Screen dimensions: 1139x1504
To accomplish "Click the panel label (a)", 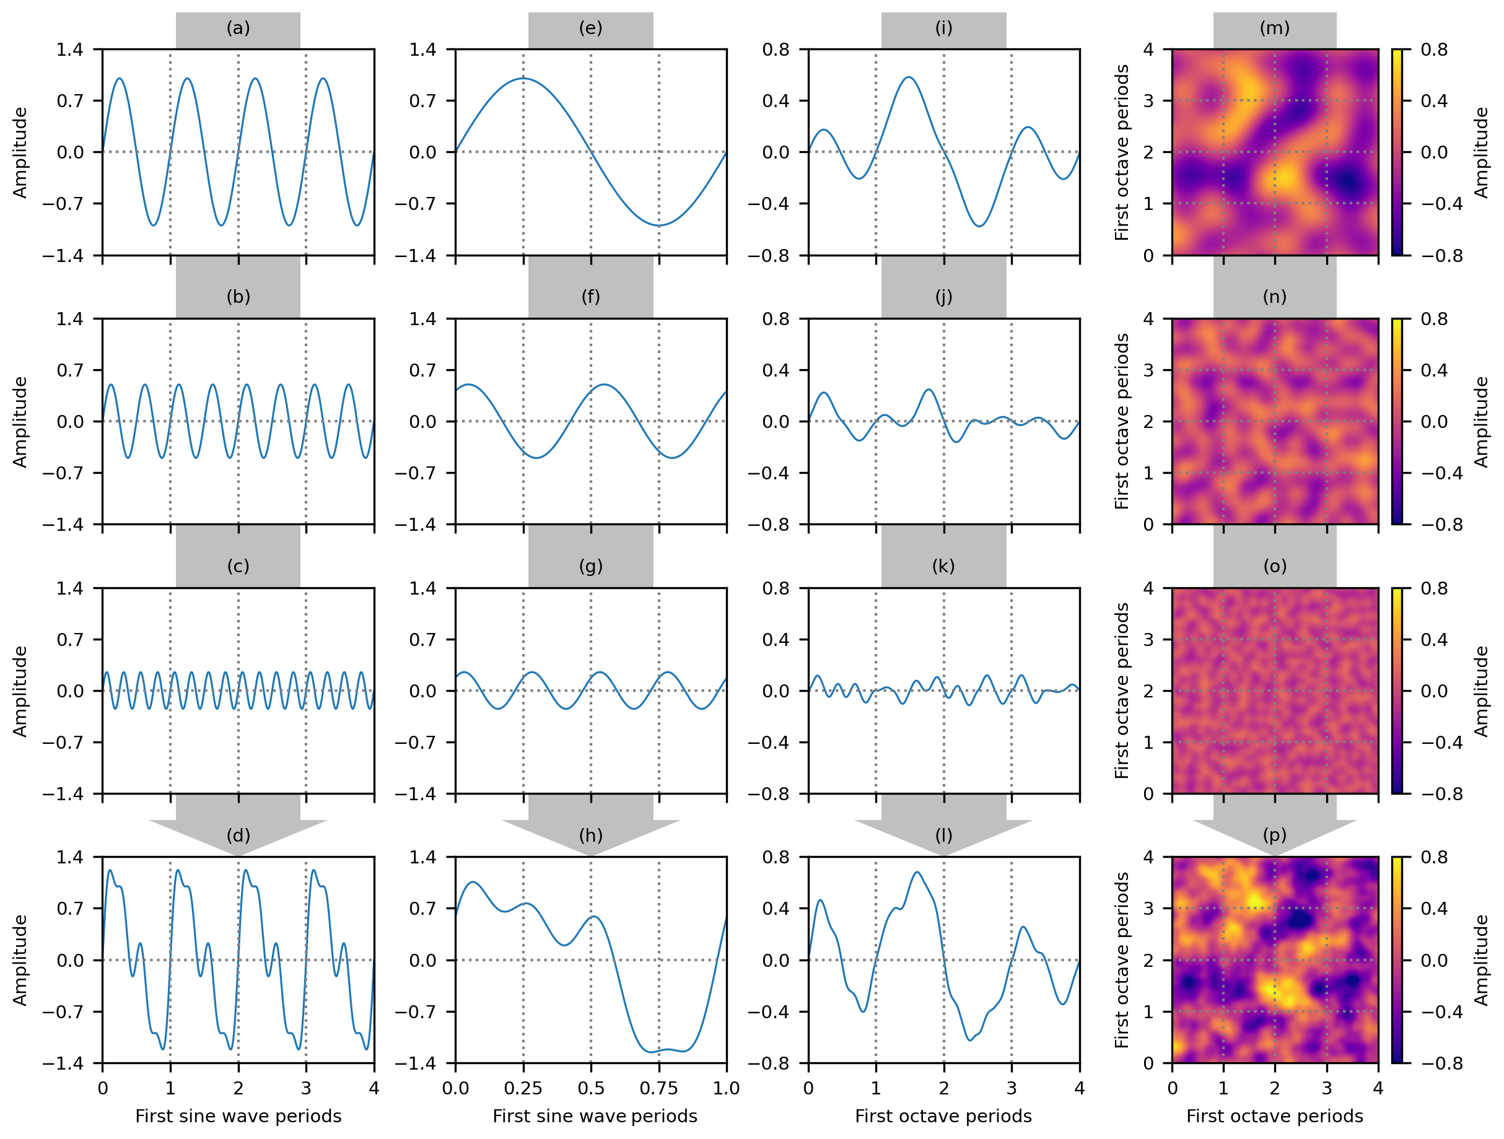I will click(238, 28).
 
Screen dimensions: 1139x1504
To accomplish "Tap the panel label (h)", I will click(590, 835).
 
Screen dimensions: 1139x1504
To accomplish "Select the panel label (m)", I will click(1274, 28).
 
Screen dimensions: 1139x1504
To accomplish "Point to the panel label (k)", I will click(943, 565).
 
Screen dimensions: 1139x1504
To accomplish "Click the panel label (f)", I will click(590, 297).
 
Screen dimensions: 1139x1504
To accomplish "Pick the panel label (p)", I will click(1274, 835).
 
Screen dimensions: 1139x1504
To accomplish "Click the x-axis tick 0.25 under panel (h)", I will click(523, 1089).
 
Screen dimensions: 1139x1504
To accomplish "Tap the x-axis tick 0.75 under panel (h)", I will click(658, 1089).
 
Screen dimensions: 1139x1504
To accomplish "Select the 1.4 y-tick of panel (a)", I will click(70, 50).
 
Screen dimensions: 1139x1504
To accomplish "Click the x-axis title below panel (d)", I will click(238, 1117).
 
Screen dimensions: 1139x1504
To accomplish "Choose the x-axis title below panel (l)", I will click(943, 1117).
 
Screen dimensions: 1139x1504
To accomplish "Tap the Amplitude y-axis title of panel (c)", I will click(20, 691).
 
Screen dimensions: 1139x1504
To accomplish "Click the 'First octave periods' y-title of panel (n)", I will click(1122, 422).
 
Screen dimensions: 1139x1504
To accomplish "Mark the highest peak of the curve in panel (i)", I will click(908, 77).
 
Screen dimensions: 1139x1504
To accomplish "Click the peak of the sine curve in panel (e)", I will click(523, 79).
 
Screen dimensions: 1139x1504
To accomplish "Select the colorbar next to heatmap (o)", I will click(1397, 691).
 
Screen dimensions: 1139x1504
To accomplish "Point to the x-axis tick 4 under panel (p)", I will click(1378, 1089).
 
